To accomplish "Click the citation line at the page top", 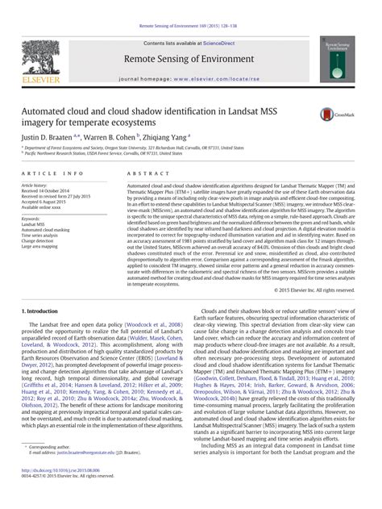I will pos(190,6).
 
